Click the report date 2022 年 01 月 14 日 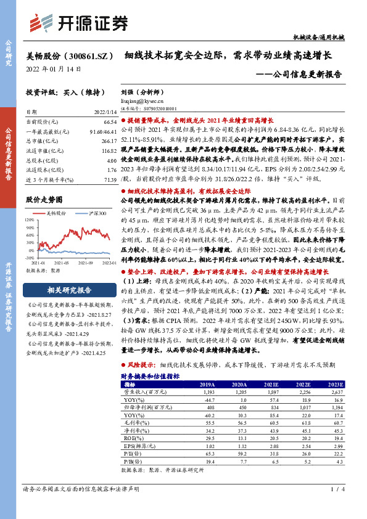54,68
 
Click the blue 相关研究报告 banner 70,290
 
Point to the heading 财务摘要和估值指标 149,376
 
